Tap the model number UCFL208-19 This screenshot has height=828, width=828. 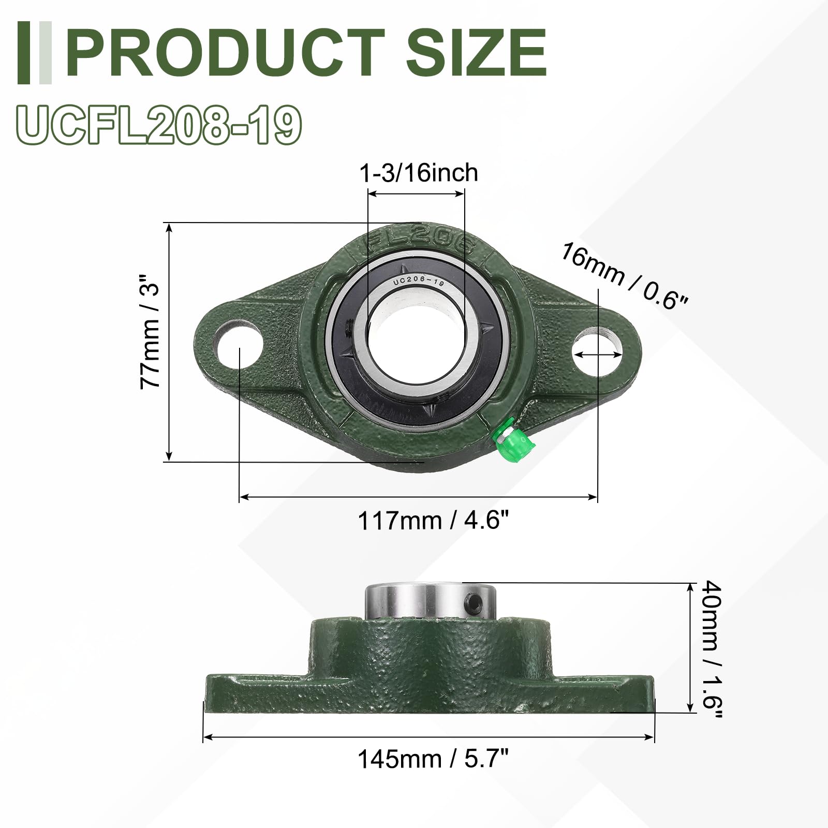(x=159, y=124)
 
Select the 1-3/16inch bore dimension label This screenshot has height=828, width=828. (x=419, y=172)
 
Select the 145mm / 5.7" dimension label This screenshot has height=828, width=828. (x=434, y=759)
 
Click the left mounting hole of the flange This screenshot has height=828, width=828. (x=238, y=344)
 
